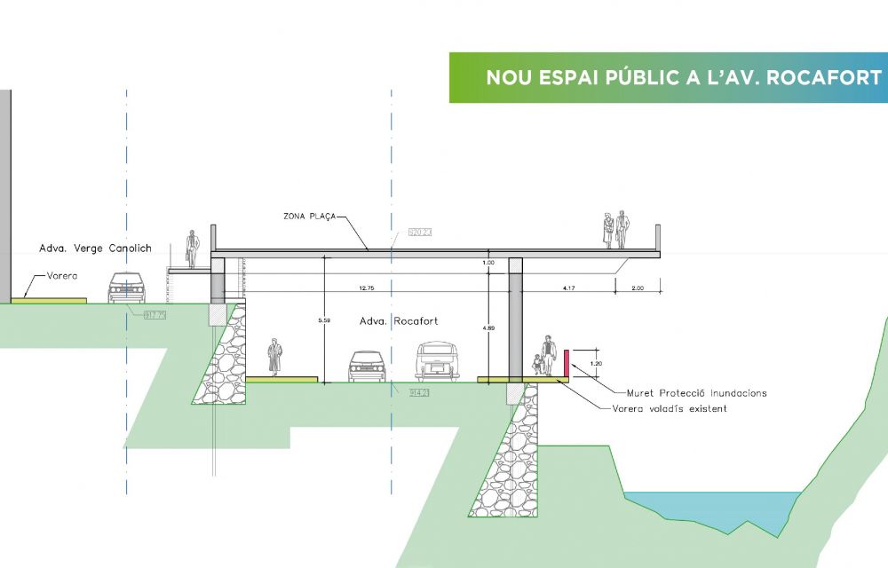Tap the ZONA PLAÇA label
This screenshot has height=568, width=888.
pyautogui.click(x=309, y=216)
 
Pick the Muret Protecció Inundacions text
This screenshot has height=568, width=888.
pyautogui.click(x=696, y=392)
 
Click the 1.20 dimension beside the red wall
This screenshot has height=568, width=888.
pyautogui.click(x=595, y=364)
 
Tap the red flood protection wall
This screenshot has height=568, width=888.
pyautogui.click(x=566, y=364)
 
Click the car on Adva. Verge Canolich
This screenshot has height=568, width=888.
pyautogui.click(x=126, y=288)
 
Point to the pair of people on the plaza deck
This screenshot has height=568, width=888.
pyautogui.click(x=614, y=230)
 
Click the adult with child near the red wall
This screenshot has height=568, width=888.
pyautogui.click(x=543, y=357)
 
